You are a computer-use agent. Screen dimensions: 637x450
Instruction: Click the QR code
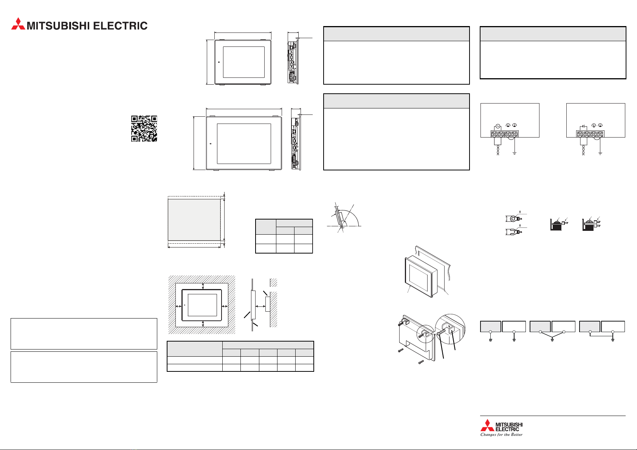(x=144, y=128)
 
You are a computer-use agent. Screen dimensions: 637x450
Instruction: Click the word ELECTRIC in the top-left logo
(x=120, y=26)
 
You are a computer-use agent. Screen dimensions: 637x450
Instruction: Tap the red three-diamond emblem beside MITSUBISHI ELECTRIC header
(x=18, y=24)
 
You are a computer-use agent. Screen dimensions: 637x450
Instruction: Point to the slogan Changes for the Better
(x=501, y=435)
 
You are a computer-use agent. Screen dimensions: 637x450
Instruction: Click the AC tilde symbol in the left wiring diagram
(x=498, y=126)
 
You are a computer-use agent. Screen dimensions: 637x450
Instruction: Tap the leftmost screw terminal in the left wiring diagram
(x=494, y=134)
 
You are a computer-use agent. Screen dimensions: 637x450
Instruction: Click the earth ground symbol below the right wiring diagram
(x=600, y=153)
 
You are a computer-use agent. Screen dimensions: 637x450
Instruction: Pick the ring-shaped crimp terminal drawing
(x=513, y=219)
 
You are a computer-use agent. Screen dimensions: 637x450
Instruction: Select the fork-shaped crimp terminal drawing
(x=513, y=232)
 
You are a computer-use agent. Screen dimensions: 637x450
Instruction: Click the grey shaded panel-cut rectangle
(x=194, y=220)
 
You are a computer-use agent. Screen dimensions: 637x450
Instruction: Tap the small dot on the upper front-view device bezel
(x=219, y=62)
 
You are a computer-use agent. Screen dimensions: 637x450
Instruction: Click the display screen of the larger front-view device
(x=244, y=144)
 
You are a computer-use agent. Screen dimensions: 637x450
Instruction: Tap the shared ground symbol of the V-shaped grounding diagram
(x=552, y=340)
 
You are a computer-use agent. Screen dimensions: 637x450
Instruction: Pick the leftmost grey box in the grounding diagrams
(x=491, y=326)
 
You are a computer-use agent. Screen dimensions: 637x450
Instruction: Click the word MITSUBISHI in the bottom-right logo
(x=509, y=424)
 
